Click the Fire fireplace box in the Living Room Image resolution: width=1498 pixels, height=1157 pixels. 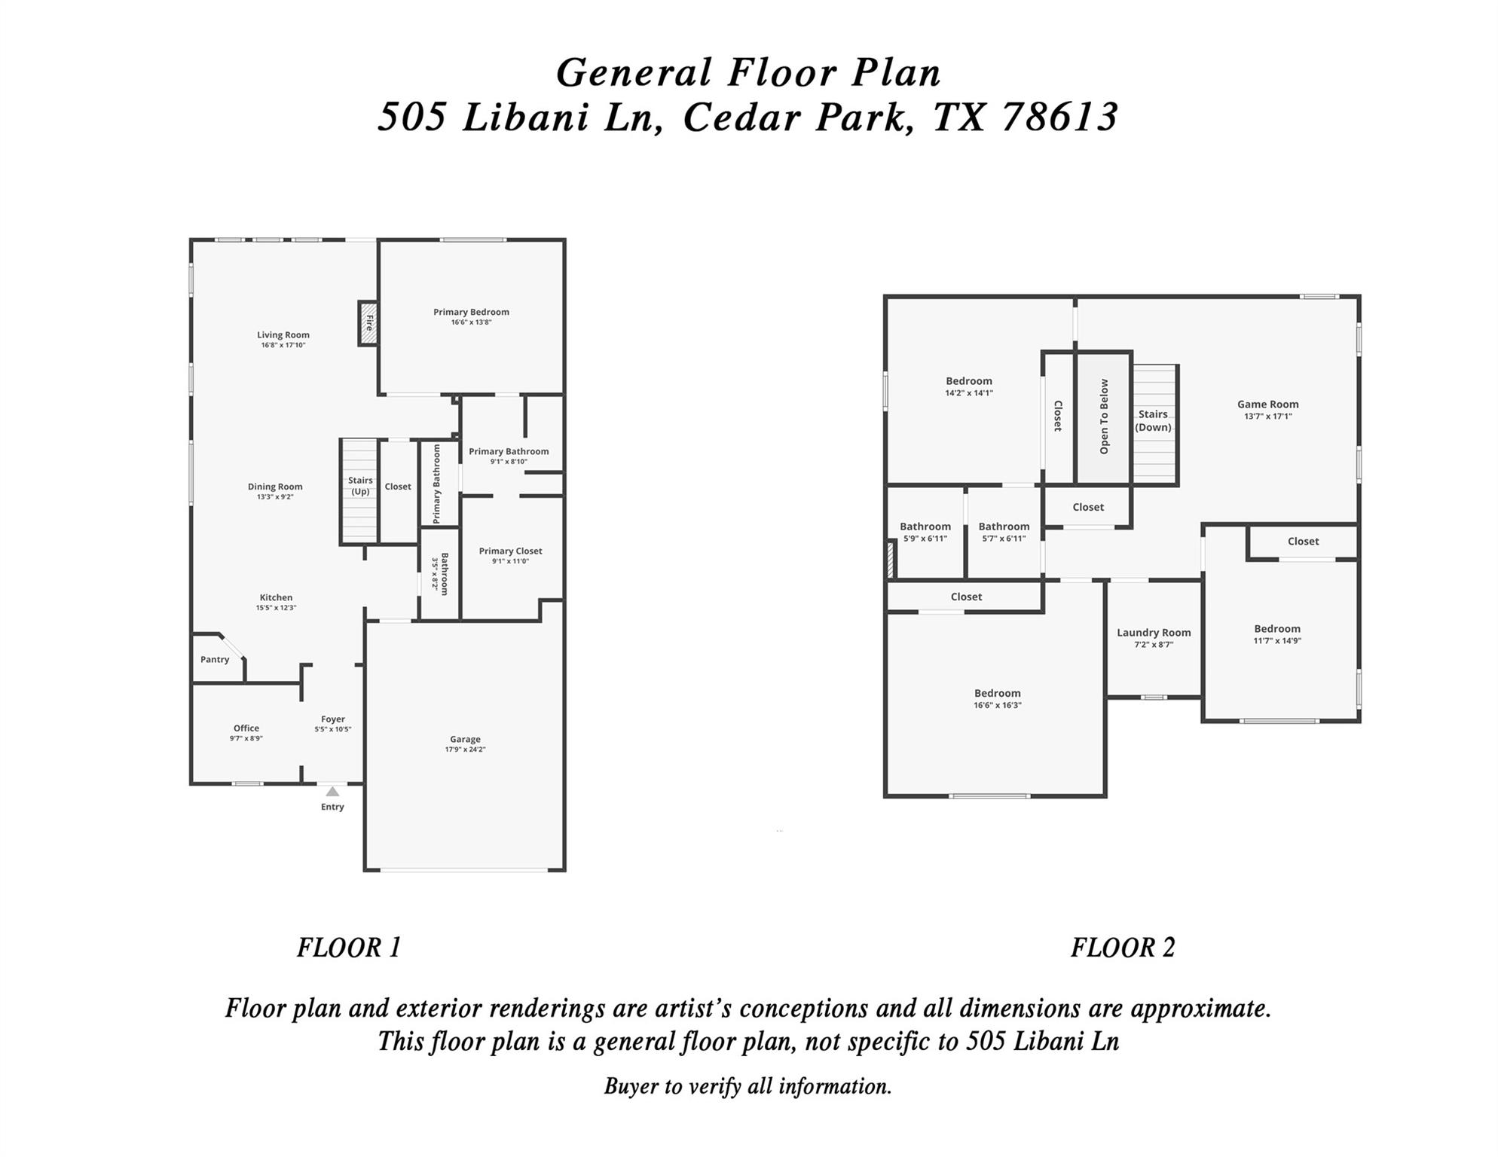[368, 323]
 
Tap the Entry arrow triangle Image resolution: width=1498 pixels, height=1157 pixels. [332, 792]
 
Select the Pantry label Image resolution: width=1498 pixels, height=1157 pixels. [215, 660]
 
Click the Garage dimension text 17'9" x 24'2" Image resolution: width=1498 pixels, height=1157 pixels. [465, 749]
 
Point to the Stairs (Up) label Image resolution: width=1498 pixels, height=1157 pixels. [360, 486]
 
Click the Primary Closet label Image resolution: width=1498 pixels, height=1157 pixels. [510, 551]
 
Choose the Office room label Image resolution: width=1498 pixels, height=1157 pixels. [246, 728]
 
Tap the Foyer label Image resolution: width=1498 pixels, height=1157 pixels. [333, 719]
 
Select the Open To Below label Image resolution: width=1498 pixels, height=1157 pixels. [1104, 417]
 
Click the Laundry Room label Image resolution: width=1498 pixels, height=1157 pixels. [1154, 633]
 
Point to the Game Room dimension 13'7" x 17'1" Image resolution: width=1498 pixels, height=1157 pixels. [1267, 417]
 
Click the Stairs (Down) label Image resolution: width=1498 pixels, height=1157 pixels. [1153, 420]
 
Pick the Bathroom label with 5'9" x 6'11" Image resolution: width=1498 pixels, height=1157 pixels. [925, 527]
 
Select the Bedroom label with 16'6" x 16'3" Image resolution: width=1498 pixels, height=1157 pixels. [997, 693]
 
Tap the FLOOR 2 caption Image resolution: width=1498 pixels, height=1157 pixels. [1123, 948]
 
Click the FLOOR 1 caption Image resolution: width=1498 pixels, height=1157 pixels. [349, 948]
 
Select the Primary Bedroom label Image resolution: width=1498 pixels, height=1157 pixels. [471, 312]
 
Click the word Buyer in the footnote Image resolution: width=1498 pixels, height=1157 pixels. [631, 1086]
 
